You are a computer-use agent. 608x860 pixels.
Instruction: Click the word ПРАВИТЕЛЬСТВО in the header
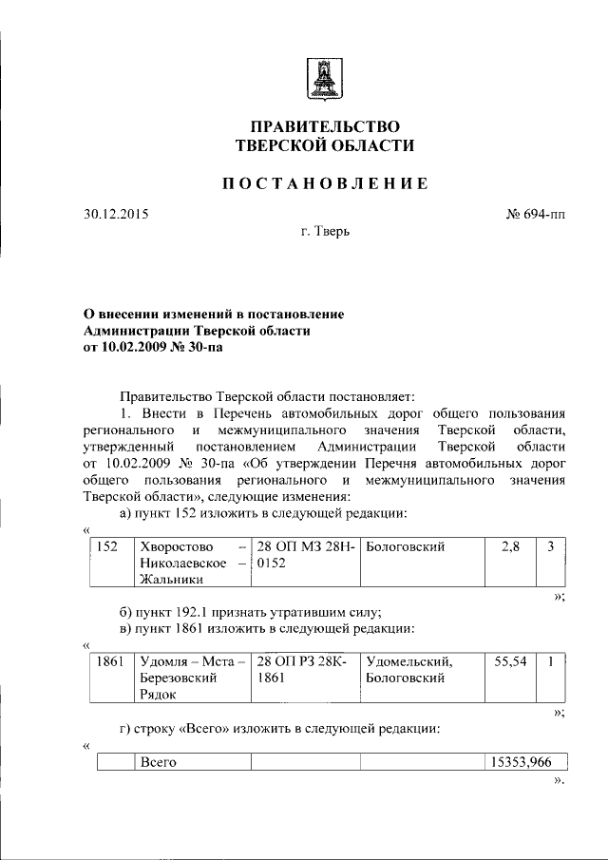(324, 126)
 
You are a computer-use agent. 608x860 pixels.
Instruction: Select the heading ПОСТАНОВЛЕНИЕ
(324, 183)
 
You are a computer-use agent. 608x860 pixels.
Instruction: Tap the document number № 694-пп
(535, 214)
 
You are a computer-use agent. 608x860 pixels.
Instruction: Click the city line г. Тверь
(324, 233)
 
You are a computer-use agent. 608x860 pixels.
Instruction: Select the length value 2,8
(510, 547)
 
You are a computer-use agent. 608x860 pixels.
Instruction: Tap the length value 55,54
(511, 661)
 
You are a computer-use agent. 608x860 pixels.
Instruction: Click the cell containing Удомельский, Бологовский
(408, 670)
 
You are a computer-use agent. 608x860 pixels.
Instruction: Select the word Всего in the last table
(159, 762)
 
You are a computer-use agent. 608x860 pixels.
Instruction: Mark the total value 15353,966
(526, 762)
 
